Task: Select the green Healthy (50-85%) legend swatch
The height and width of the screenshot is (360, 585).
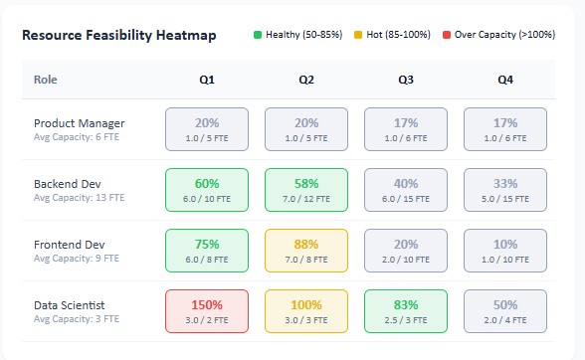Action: (258, 35)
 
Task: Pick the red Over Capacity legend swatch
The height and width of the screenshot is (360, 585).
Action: (446, 35)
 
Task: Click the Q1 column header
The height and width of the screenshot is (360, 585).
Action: (207, 80)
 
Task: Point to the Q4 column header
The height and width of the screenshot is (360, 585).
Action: (504, 80)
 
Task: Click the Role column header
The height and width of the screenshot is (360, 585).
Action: (46, 80)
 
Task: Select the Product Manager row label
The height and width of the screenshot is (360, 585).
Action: (80, 123)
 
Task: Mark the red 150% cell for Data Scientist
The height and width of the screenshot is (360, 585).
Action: (207, 311)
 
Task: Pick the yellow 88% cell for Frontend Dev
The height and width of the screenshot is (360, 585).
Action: (305, 251)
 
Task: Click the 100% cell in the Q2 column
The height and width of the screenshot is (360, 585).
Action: (305, 311)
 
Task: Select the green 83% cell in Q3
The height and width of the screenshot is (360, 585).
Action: (405, 311)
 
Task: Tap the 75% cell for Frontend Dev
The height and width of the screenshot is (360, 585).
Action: (207, 251)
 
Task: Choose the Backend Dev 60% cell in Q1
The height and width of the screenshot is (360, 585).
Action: (207, 190)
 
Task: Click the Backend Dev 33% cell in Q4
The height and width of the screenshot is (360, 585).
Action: (504, 190)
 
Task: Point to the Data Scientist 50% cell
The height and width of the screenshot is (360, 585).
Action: (504, 311)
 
